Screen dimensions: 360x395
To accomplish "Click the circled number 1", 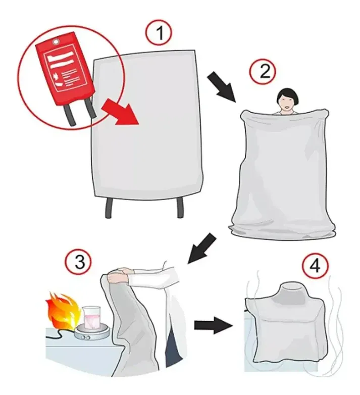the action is point(159,33).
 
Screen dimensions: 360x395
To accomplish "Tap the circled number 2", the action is point(263,71).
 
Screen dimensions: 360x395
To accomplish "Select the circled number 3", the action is point(78,263).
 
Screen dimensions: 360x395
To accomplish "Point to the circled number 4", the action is point(316,266).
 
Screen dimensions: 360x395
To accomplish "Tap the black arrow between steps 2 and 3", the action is point(202,248).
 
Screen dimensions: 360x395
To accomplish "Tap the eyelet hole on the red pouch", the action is point(55,41).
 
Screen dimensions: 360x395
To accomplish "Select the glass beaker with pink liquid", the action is point(91,318).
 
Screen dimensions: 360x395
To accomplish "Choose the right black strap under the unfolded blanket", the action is point(180,208).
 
